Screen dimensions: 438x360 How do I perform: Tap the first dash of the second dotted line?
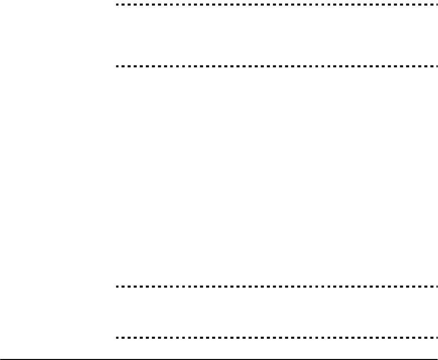(x=117, y=66)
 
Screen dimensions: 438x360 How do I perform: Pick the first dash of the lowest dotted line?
(x=117, y=337)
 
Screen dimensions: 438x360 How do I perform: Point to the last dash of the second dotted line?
(x=434, y=66)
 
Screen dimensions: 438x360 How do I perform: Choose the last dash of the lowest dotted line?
(x=434, y=337)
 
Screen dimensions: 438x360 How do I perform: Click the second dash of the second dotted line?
(x=123, y=66)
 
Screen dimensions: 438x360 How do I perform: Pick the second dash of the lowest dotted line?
(x=123, y=337)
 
